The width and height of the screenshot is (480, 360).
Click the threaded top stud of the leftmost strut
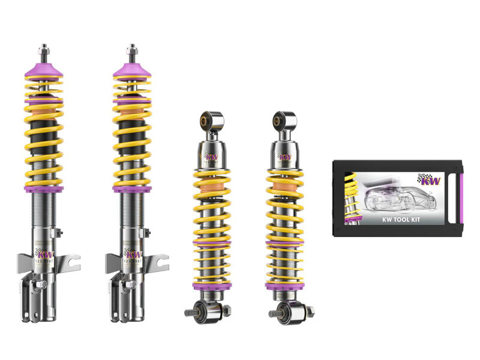pyautogui.click(x=44, y=50)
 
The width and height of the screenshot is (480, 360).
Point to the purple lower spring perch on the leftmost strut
pyautogui.click(x=44, y=189)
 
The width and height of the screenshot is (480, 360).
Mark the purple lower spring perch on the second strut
pyautogui.click(x=132, y=189)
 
